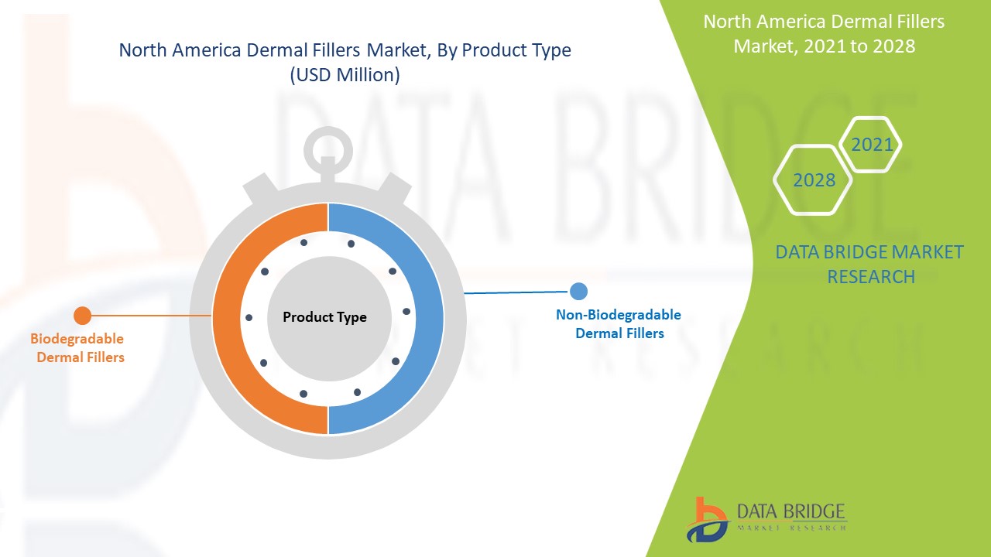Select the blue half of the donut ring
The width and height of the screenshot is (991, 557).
(x=430, y=318)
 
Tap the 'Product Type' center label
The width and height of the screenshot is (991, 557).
(x=324, y=317)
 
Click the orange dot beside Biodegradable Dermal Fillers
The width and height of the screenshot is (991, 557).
(x=82, y=316)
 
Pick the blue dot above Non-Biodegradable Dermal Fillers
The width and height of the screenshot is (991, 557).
(x=578, y=292)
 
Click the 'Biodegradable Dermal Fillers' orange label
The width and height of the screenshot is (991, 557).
(x=78, y=348)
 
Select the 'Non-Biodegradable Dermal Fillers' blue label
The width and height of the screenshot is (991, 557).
(x=619, y=323)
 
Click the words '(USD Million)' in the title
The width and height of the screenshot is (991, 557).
(x=345, y=75)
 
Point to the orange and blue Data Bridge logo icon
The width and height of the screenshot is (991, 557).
(x=707, y=519)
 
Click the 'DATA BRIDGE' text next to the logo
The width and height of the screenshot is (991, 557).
(x=791, y=511)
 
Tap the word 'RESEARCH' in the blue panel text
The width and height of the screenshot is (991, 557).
(x=871, y=277)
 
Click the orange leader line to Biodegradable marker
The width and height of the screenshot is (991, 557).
(x=151, y=316)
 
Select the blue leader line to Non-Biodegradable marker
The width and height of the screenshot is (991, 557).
(x=516, y=292)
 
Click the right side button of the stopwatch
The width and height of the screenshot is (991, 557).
(x=395, y=188)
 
